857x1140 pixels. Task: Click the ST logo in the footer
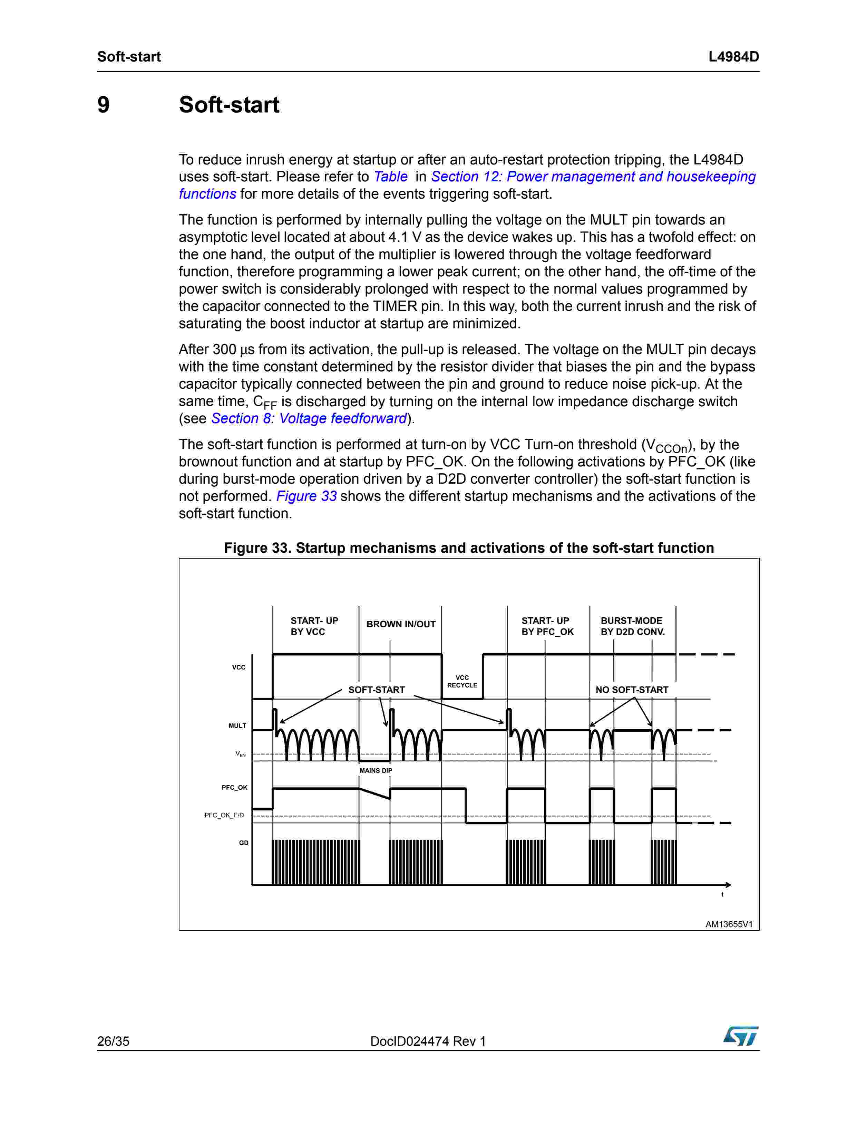(741, 1036)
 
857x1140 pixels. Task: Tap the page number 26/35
(113, 1041)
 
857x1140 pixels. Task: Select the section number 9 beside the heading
(104, 105)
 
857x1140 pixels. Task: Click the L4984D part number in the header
(733, 57)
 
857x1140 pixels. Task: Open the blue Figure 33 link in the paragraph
(306, 496)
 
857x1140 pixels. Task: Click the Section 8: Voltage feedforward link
(309, 418)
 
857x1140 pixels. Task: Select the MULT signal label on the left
(237, 726)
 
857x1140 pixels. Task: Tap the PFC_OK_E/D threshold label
(224, 815)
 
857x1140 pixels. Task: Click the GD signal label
(244, 843)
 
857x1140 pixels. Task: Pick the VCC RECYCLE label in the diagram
(462, 681)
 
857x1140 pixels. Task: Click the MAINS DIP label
(376, 770)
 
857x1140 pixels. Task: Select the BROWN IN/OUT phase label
(401, 624)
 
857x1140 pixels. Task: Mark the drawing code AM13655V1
(729, 924)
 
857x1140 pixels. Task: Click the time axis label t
(722, 894)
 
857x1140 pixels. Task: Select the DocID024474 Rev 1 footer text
(428, 1041)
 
